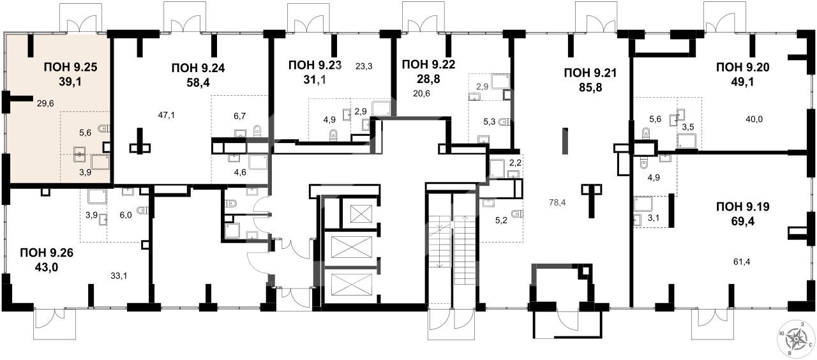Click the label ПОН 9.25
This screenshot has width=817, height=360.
pos(70,68)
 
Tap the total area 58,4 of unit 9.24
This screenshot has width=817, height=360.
pos(198,82)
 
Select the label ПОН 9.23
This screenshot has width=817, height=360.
pos(315,65)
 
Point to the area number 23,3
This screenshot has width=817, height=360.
pos(364,66)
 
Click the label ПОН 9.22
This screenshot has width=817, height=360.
pos(428,64)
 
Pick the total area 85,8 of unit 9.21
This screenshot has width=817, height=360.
pos(590,87)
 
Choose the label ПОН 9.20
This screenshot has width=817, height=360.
pos(742,68)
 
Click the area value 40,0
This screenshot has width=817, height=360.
pos(754,119)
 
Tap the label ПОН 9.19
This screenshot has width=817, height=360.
pos(742,207)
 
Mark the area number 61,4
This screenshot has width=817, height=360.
pos(742,262)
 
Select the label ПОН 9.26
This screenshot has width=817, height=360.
pos(47,253)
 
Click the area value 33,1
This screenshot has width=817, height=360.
pos(119,276)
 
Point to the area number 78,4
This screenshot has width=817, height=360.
pos(557,202)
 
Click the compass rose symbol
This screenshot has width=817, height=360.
pos(795,338)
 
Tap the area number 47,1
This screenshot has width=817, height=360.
pos(167,116)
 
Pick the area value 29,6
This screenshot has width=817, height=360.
pos(45,103)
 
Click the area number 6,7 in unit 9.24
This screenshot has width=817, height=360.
pos(239,116)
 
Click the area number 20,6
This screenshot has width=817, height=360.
pos(421,93)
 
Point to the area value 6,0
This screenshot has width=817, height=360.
pos(126,215)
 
